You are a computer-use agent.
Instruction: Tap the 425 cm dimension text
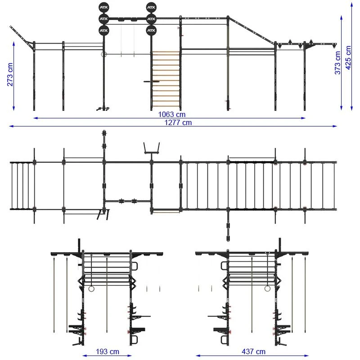coord(348,57)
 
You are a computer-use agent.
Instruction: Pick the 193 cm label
coord(108,351)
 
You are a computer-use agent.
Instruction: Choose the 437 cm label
coord(254,351)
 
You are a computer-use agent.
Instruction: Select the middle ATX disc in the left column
coord(104,19)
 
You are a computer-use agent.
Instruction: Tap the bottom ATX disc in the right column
coord(151,31)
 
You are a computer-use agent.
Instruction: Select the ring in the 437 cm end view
coord(268,288)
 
